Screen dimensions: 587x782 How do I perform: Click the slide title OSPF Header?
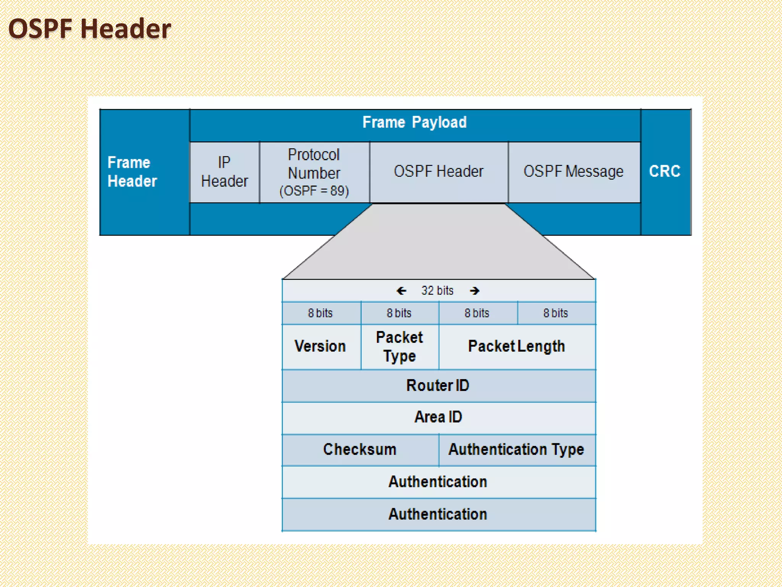coord(90,29)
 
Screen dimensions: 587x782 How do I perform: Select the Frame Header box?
coord(144,172)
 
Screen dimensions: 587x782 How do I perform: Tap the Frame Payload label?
coord(414,122)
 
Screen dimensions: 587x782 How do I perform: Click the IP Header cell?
coord(225,172)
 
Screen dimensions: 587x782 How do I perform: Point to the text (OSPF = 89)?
coord(314,191)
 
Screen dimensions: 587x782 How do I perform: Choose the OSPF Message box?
coord(574,172)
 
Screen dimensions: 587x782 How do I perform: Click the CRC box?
coord(665,171)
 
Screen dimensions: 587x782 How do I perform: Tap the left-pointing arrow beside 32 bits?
coord(401,291)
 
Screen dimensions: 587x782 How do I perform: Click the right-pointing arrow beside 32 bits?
coord(475,291)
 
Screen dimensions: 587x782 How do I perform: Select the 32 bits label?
coord(437,291)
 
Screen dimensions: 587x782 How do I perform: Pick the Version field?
coord(320,346)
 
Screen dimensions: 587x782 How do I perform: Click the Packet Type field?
coord(399,346)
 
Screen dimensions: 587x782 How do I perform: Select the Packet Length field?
coord(517,346)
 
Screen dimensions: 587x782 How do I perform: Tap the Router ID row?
coord(438,386)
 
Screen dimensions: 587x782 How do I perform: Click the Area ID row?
coord(438,417)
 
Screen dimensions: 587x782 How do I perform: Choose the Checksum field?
coord(360,449)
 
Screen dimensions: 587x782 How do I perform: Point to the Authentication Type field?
coord(516,449)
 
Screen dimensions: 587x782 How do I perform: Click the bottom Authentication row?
coord(438,514)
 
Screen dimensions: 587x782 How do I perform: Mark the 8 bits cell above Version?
coord(320,313)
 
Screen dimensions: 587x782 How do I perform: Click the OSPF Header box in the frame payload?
coord(439,172)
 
